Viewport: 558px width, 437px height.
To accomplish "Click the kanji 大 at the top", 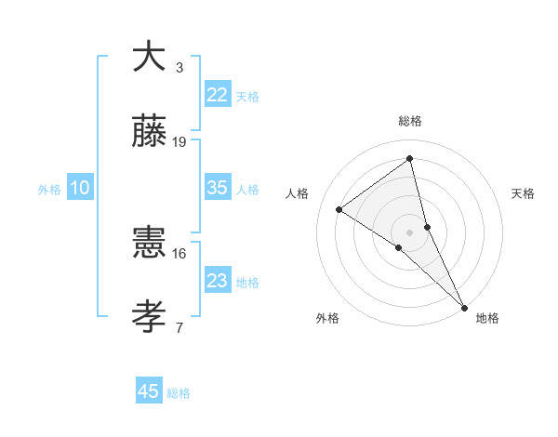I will pos(149,57).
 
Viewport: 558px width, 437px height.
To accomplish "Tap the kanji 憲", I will pos(149,243).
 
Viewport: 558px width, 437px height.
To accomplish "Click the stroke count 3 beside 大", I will pos(179,68).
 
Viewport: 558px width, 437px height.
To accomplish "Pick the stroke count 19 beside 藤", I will pos(179,142).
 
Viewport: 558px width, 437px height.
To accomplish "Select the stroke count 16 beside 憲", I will pos(179,253).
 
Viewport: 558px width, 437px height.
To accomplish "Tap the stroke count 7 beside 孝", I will pos(179,327).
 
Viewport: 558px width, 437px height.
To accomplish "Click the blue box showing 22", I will pos(217,95).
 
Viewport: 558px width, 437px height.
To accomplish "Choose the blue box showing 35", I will pos(217,188).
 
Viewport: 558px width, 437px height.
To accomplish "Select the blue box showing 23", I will pos(217,281).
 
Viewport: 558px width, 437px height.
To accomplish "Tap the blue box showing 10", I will pos(80,188).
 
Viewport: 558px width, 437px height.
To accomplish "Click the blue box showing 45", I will pos(149,391).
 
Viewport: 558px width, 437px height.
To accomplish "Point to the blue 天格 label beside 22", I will pos(247,97).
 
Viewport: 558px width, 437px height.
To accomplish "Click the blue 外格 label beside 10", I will pos(49,190).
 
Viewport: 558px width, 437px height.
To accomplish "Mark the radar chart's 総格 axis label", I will pos(410,121).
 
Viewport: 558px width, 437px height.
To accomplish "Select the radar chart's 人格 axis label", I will pos(297,193).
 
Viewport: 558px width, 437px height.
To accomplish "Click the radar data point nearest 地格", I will pos(464,306).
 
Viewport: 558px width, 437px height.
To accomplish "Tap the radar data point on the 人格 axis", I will pos(339,209).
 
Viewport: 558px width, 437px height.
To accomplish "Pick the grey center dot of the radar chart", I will pos(410,232).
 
